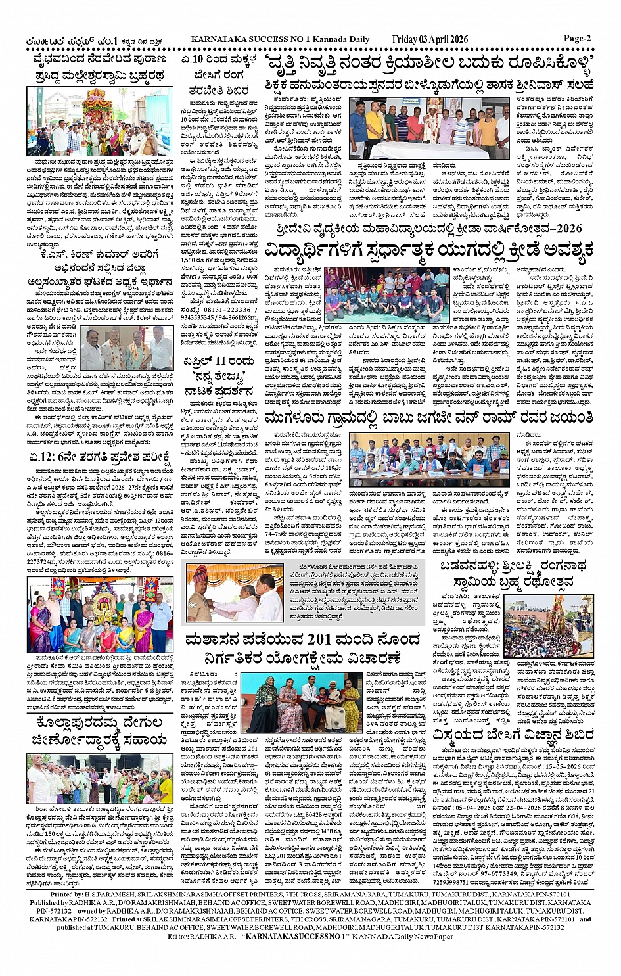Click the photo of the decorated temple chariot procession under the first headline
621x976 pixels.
[x=100, y=122]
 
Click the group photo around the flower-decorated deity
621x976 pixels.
[x=100, y=615]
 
